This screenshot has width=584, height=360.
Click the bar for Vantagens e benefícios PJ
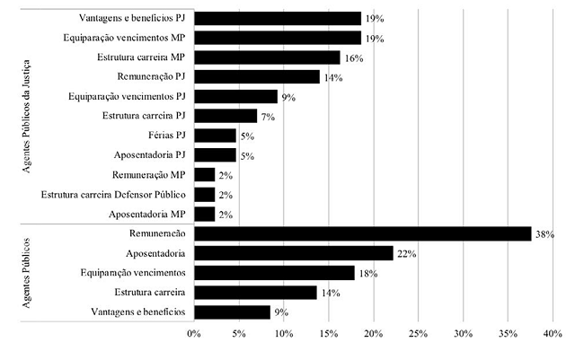[277, 18]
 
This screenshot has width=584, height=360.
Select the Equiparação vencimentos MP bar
[277, 38]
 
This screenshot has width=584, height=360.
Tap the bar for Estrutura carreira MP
[267, 57]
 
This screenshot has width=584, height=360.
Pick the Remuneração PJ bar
[256, 77]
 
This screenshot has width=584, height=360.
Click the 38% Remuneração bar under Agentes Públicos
[362, 233]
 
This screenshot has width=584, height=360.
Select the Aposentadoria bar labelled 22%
[293, 253]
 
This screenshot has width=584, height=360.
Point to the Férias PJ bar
[215, 136]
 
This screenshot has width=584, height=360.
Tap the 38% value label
[544, 234]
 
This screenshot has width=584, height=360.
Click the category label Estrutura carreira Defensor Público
[114, 194]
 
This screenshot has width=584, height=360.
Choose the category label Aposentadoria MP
[147, 214]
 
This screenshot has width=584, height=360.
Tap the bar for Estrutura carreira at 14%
[255, 293]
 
